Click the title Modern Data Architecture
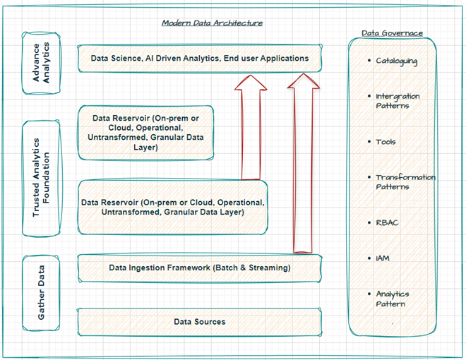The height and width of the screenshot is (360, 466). click(x=212, y=23)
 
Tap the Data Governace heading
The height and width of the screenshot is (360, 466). click(x=392, y=32)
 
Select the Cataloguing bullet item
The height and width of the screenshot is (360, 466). click(x=396, y=61)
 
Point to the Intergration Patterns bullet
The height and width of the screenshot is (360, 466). click(x=397, y=101)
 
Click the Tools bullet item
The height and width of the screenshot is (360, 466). click(x=386, y=142)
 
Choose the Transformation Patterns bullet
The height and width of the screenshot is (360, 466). click(x=404, y=182)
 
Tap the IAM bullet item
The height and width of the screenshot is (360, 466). click(x=382, y=258)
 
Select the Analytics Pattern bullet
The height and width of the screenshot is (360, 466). click(x=392, y=299)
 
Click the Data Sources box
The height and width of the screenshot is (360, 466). click(x=199, y=322)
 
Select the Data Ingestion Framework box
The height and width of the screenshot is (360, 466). click(x=199, y=268)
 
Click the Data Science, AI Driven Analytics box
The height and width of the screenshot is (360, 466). click(x=200, y=58)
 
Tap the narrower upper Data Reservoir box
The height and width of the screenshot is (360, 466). click(x=145, y=133)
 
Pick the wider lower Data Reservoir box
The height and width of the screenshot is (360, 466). click(x=173, y=208)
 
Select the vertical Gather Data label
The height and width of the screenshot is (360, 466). click(x=42, y=292)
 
